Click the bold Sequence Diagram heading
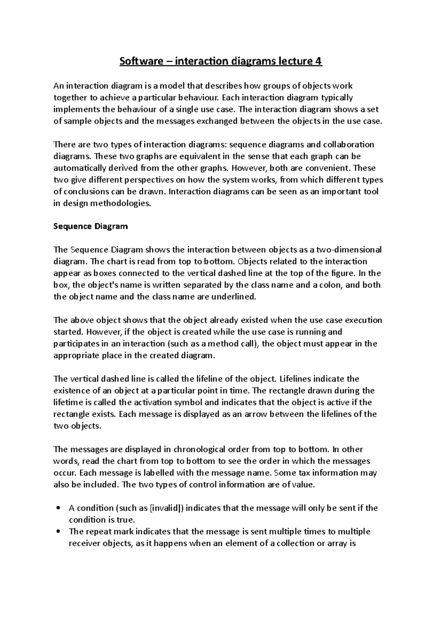point(90,226)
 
